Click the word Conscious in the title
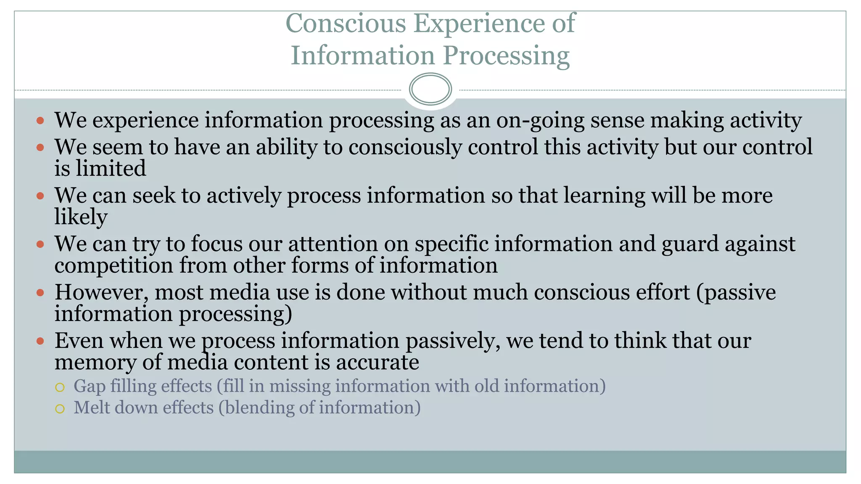[346, 23]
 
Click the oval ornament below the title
[430, 89]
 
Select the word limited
[111, 168]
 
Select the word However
[101, 292]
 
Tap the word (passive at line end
[736, 292]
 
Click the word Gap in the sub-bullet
[89, 387]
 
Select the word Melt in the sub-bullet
[91, 408]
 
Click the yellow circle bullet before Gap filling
[60, 387]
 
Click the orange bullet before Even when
[40, 341]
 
